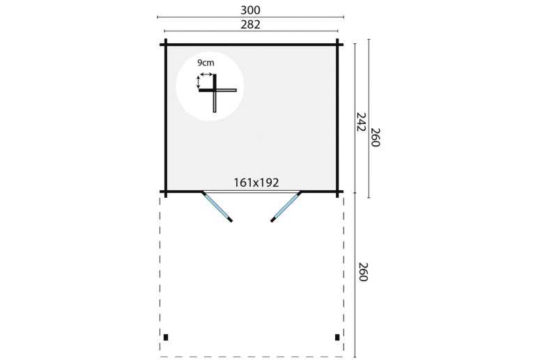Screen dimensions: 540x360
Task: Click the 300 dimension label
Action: pyautogui.click(x=250, y=10)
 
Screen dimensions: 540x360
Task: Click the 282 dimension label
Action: pyautogui.click(x=250, y=25)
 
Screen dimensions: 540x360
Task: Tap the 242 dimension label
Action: pyautogui.click(x=361, y=122)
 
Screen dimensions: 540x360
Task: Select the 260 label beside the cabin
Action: pyautogui.click(x=375, y=137)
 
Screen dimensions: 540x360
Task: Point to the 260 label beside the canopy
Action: pyautogui.click(x=364, y=272)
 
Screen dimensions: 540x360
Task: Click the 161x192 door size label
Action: pyautogui.click(x=256, y=182)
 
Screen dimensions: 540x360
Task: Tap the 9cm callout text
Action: pyautogui.click(x=206, y=63)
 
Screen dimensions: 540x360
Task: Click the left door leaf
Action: pyautogui.click(x=217, y=207)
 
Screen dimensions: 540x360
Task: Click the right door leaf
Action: pyautogui.click(x=286, y=207)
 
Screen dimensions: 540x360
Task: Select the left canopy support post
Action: pyautogui.click(x=166, y=337)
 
